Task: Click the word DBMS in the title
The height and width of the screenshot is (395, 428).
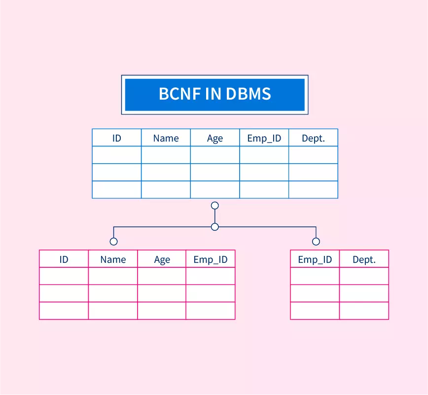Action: coord(250,94)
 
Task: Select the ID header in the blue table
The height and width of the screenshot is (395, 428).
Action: coord(116,138)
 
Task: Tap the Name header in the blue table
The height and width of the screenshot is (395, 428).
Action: coord(166,138)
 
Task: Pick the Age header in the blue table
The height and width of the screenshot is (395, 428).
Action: coord(215,139)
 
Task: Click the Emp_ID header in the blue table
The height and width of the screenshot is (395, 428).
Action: coord(264,138)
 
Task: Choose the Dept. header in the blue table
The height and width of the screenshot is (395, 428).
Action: coord(314,138)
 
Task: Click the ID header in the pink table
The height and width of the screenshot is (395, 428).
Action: coord(64,259)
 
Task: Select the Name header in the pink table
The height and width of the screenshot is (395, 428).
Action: coord(113,259)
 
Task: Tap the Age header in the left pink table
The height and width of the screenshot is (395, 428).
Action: coord(162,260)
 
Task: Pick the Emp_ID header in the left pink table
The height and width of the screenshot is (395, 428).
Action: coord(211,259)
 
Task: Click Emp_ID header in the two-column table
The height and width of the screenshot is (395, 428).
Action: coord(315,259)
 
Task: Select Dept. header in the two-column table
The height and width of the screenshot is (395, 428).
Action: coord(364,259)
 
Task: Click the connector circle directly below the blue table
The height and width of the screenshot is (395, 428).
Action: coord(214,206)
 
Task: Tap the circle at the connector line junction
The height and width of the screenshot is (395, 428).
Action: coord(214,227)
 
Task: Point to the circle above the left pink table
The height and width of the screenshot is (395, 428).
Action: coord(114,242)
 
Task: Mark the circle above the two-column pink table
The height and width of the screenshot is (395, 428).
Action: coord(316,242)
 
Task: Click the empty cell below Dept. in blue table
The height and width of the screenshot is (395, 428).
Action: coord(314,155)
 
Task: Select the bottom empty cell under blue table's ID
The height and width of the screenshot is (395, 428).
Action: coord(116,189)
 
